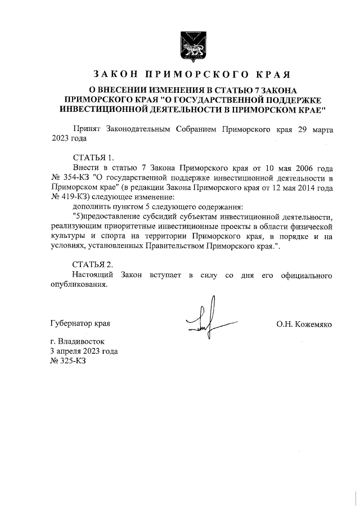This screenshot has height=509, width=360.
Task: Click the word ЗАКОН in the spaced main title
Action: [115, 74]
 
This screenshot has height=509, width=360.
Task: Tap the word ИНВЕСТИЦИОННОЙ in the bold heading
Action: [100, 107]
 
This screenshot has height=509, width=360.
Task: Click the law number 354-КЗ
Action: [75, 178]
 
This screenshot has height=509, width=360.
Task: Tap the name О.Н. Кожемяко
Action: [304, 325]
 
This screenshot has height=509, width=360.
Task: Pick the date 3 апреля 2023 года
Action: [84, 351]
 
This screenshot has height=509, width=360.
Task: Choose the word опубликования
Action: [78, 285]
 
